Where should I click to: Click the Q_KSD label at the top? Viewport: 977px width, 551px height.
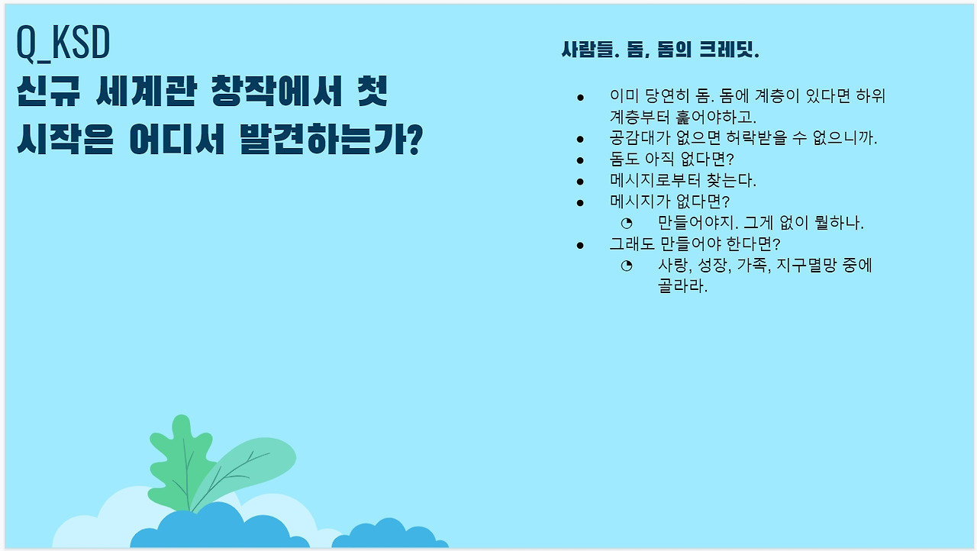(x=63, y=43)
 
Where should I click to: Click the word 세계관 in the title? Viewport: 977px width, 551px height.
(x=147, y=91)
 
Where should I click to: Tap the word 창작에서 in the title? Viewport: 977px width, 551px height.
(x=276, y=91)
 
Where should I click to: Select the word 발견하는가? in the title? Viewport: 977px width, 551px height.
(x=332, y=139)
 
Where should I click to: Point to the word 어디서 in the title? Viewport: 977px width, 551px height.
(x=177, y=139)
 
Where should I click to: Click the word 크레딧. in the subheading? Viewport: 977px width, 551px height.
(x=729, y=50)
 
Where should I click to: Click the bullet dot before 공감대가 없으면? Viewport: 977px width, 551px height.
(x=579, y=140)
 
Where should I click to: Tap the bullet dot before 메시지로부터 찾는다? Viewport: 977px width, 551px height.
(x=579, y=182)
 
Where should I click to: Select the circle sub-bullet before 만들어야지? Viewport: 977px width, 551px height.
(x=627, y=223)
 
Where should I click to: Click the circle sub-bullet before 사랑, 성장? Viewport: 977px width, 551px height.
(x=627, y=266)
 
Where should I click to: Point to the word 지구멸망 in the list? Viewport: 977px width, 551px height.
(x=807, y=265)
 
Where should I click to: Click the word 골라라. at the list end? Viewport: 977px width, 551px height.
(x=682, y=286)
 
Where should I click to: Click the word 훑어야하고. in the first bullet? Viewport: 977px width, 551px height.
(x=716, y=117)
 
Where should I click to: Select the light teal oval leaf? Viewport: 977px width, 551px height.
(x=243, y=474)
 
